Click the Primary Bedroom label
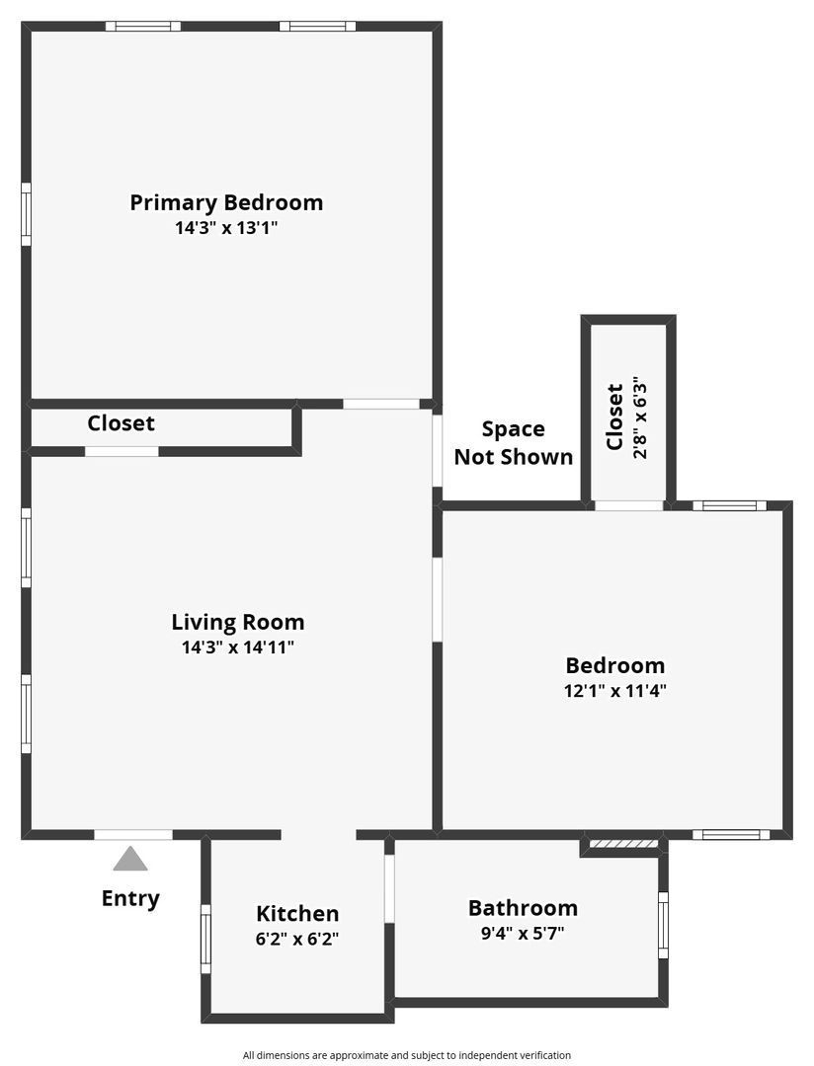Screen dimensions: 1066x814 (x=226, y=202)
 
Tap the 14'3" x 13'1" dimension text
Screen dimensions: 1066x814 (x=226, y=228)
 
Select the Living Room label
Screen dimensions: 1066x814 (x=238, y=622)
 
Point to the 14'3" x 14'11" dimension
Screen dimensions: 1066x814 (x=238, y=647)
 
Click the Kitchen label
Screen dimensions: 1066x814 (x=297, y=914)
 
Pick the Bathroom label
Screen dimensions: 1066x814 (x=523, y=908)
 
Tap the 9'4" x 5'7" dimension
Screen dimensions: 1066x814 (x=523, y=933)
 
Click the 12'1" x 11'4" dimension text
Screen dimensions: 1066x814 (x=614, y=691)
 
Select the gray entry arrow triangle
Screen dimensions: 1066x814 (x=130, y=859)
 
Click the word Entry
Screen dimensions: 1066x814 (x=130, y=898)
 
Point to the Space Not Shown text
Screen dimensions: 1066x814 (x=513, y=442)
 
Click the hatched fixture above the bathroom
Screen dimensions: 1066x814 (x=622, y=843)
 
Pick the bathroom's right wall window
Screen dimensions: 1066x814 (x=663, y=924)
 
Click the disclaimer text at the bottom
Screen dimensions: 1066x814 (x=407, y=1055)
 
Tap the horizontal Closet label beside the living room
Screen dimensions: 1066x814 (x=121, y=423)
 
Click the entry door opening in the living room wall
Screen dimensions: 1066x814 (x=133, y=835)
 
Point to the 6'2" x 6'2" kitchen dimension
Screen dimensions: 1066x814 (x=297, y=940)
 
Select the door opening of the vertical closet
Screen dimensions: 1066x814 (x=629, y=506)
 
